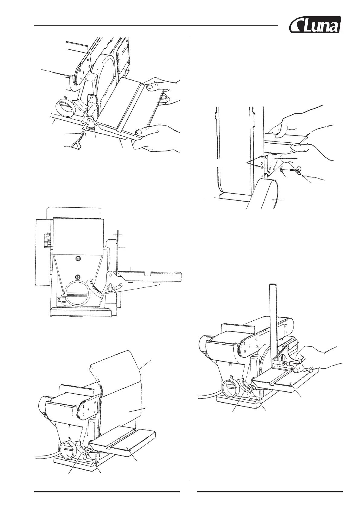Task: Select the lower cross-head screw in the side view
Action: pyautogui.click(x=78, y=276)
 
